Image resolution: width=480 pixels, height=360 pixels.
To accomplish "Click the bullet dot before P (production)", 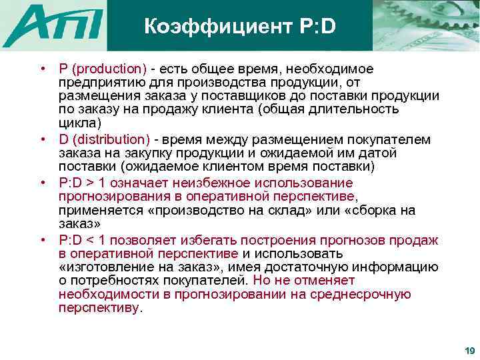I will pyautogui.click(x=42, y=69).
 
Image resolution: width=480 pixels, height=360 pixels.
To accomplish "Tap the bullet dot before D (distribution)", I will pyautogui.click(x=42, y=139).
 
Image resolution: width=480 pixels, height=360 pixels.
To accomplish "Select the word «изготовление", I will pyautogui.click(x=101, y=267).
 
